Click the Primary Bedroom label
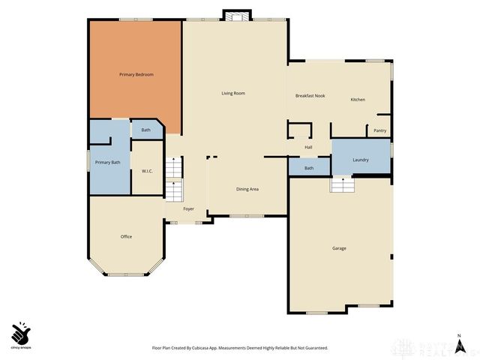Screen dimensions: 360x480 click(x=136, y=75)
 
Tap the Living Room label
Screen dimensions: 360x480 click(x=233, y=94)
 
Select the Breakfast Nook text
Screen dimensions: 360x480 click(x=310, y=96)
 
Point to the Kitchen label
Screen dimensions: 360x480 click(x=358, y=100)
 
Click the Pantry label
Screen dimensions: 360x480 click(x=380, y=130)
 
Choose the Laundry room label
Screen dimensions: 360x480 click(x=361, y=160)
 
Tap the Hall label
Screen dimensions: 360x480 click(x=308, y=147)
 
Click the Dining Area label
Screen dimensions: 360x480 click(x=247, y=189)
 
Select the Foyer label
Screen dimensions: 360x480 click(x=188, y=209)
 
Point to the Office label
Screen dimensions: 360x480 click(x=126, y=237)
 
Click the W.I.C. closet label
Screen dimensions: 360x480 click(x=148, y=171)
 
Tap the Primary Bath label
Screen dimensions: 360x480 click(x=107, y=163)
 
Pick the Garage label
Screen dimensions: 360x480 click(x=340, y=248)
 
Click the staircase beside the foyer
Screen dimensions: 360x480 click(x=174, y=180)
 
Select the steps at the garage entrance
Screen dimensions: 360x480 click(x=341, y=184)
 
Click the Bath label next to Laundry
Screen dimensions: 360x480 click(x=309, y=168)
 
